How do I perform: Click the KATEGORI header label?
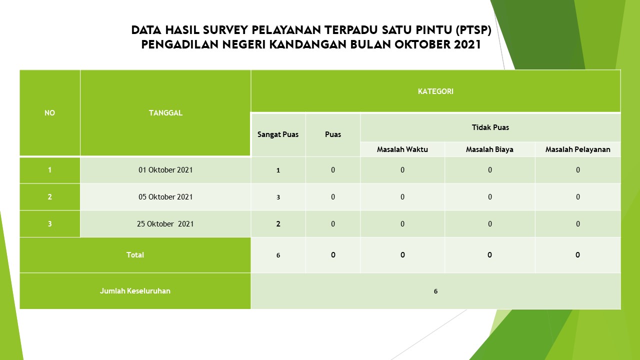[x=435, y=91]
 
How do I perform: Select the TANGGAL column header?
[x=165, y=113]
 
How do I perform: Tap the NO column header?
[x=49, y=113]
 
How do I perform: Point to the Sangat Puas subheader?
[x=277, y=134]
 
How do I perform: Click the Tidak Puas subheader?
[x=490, y=127]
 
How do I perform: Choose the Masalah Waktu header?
[x=402, y=149]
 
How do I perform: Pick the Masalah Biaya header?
[x=489, y=149]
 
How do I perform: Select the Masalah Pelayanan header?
[x=577, y=149]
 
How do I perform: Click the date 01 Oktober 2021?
[x=165, y=170]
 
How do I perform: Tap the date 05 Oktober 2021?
[x=165, y=197]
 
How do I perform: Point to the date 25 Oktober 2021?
[x=165, y=223]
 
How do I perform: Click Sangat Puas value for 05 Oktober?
[x=278, y=197]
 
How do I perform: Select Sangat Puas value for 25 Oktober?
[x=278, y=223]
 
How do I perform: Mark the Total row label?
[x=135, y=255]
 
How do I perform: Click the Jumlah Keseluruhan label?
[x=135, y=291]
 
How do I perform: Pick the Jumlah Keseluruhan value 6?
[x=435, y=291]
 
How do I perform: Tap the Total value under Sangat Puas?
[x=278, y=255]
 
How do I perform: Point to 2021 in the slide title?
[x=467, y=44]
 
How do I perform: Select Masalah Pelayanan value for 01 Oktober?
[x=577, y=170]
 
